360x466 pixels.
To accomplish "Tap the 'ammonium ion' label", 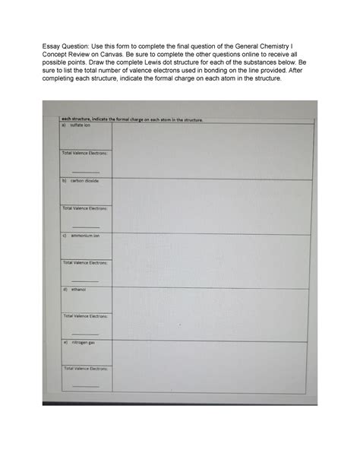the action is (x=84, y=236).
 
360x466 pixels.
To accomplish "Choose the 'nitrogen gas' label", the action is (x=83, y=343).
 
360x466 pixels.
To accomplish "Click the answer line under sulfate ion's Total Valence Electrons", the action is (x=86, y=172).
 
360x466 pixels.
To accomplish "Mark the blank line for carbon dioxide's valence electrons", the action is (x=86, y=227).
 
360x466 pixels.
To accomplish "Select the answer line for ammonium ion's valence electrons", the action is (x=86, y=281).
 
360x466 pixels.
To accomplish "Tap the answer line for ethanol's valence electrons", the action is (x=86, y=334).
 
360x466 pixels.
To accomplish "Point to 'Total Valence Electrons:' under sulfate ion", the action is (x=85, y=154).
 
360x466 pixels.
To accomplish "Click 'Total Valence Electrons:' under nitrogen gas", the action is (x=86, y=369).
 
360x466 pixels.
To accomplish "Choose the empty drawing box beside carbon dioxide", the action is (x=213, y=205).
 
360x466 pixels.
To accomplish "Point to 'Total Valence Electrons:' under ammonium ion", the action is (x=85, y=262).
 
